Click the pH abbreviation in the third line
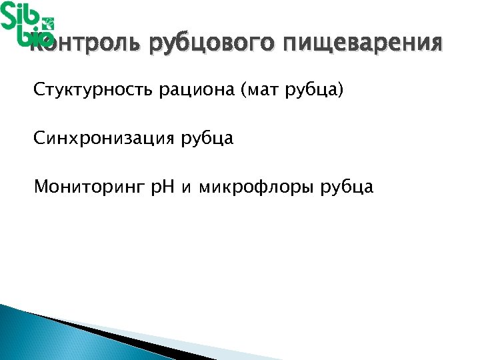tap(160, 187)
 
